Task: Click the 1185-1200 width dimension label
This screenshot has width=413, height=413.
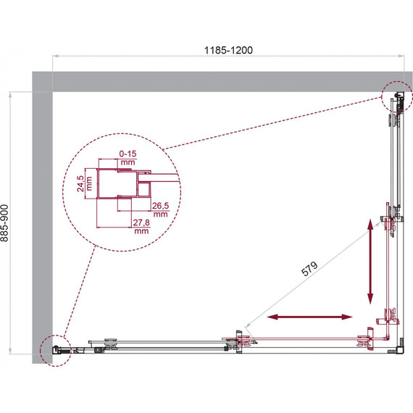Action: click(x=228, y=50)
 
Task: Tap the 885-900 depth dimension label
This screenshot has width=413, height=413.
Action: click(x=5, y=223)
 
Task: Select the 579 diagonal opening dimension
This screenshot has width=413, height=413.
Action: click(x=309, y=269)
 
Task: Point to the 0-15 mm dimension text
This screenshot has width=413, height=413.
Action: click(x=128, y=157)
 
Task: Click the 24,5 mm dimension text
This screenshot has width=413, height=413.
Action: click(x=84, y=183)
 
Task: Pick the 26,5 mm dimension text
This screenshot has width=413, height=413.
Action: click(x=160, y=209)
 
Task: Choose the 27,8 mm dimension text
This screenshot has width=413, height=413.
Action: click(x=141, y=226)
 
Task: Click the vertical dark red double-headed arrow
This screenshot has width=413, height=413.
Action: click(x=370, y=262)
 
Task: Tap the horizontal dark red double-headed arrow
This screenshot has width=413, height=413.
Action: click(x=309, y=317)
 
